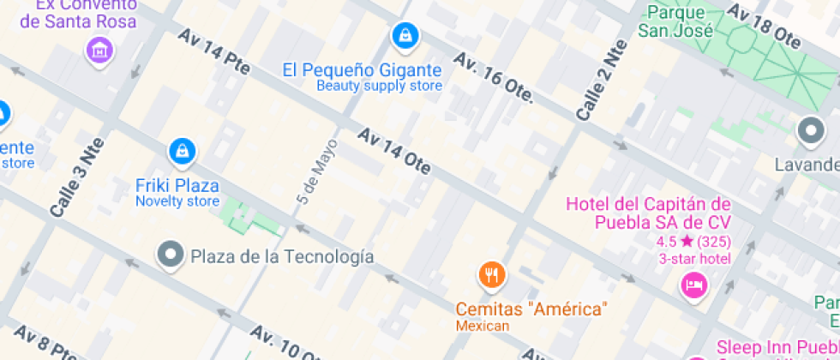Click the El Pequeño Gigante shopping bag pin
click(x=404, y=35)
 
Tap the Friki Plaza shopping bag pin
click(x=181, y=152)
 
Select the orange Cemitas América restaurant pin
click(x=491, y=274)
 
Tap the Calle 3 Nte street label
click(x=76, y=176)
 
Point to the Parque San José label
click(x=675, y=21)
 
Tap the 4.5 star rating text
click(x=694, y=241)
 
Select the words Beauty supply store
click(x=379, y=86)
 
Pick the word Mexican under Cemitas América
click(x=483, y=326)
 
